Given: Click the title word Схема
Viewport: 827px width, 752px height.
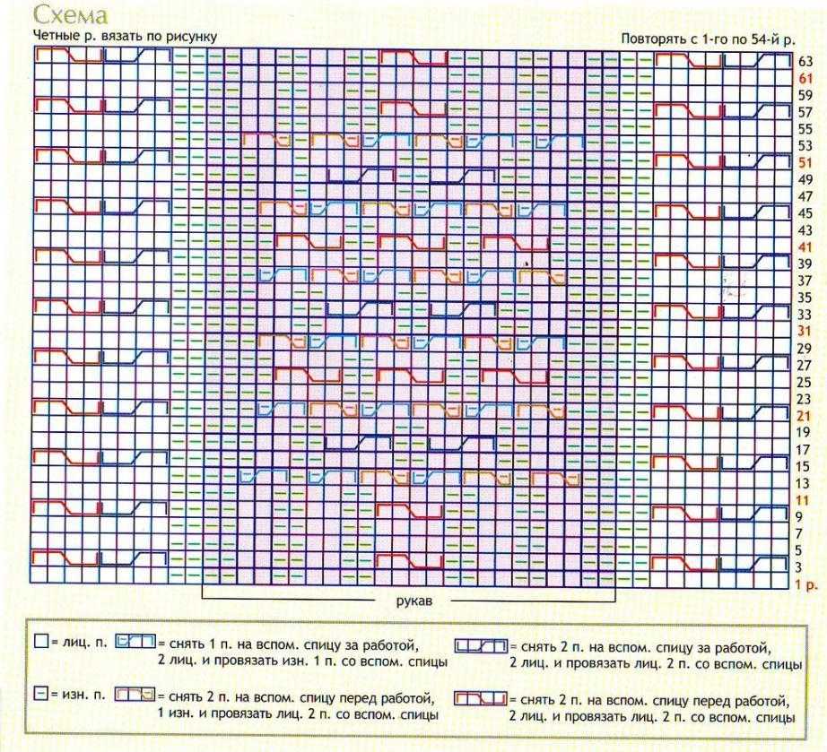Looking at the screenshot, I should [x=70, y=15].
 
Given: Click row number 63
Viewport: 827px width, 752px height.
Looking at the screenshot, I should [x=805, y=61].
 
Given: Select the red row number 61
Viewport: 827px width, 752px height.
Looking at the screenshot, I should [x=805, y=78].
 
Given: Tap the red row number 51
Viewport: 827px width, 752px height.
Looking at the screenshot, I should [x=805, y=162].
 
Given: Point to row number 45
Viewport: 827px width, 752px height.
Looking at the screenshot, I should [x=805, y=213].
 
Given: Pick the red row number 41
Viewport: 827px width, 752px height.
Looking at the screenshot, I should [x=805, y=246].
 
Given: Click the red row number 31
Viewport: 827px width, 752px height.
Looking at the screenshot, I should [x=805, y=331].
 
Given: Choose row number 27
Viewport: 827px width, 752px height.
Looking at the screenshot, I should [x=805, y=365].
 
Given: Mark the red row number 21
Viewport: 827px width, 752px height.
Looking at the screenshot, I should [x=805, y=416].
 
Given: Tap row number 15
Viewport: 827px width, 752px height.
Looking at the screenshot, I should [x=805, y=466].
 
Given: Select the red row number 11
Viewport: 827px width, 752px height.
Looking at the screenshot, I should [x=804, y=499].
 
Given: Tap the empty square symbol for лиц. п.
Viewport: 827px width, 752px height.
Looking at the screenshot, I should [x=40, y=643].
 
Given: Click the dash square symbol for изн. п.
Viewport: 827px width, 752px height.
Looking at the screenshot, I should [x=40, y=695].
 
